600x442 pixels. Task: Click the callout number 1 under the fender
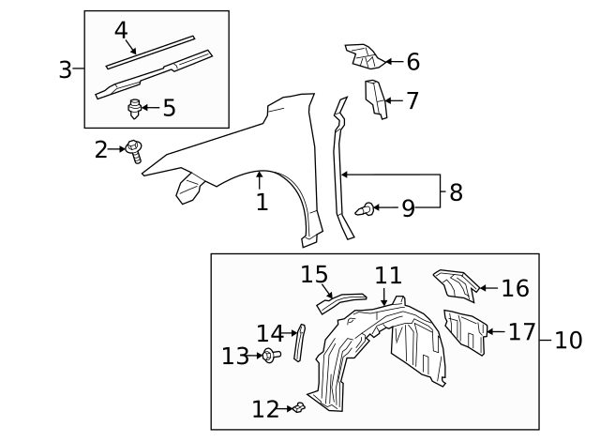[x=262, y=202]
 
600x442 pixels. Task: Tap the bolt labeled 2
[x=135, y=149]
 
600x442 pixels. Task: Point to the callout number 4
[x=121, y=30]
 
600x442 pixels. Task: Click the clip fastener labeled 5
[x=135, y=109]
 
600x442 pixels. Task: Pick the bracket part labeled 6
[x=363, y=57]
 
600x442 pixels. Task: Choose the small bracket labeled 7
[x=375, y=99]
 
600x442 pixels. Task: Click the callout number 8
[x=456, y=192]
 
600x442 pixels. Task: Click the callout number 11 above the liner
[x=388, y=276]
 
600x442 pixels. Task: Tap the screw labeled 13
[x=270, y=355]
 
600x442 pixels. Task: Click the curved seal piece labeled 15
[x=340, y=299]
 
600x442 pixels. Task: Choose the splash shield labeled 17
[x=465, y=330]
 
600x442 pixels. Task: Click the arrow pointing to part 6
[x=393, y=63]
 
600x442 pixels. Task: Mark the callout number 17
[x=521, y=331]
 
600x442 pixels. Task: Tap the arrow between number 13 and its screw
[x=256, y=356]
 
